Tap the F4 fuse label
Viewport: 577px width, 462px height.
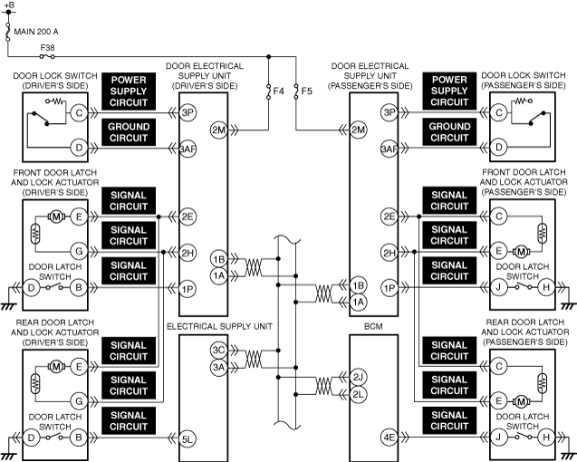click(x=279, y=91)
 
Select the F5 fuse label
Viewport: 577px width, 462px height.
click(x=307, y=91)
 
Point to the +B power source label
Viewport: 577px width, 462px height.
click(x=9, y=5)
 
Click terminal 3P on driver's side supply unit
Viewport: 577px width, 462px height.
click(x=188, y=113)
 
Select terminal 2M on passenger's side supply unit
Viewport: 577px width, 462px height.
click(x=358, y=130)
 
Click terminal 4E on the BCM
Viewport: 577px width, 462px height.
click(x=389, y=438)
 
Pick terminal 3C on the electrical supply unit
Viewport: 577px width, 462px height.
click(x=217, y=350)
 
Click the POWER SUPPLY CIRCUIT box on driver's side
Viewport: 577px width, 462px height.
click(x=129, y=91)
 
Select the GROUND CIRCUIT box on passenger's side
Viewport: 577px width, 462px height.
click(x=449, y=132)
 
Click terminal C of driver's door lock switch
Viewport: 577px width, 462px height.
click(x=79, y=113)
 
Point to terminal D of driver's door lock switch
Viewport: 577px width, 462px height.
click(x=79, y=147)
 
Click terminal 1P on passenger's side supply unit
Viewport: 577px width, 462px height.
click(x=389, y=288)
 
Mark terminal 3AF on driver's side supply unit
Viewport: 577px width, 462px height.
click(x=188, y=147)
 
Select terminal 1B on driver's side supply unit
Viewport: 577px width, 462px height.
click(x=217, y=257)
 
